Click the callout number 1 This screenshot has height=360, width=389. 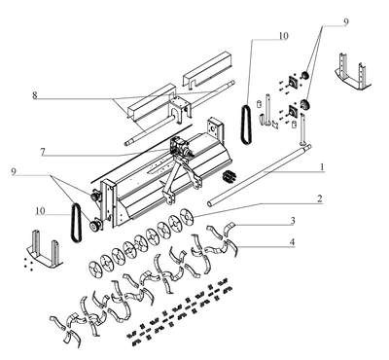click(322, 167)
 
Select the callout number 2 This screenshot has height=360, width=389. click(320, 198)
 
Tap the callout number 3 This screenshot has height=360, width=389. click(293, 221)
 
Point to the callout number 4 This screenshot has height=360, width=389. click(293, 242)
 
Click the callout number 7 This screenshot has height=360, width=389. click(43, 152)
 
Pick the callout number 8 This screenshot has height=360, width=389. click(35, 95)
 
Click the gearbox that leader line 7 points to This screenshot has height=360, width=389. click(179, 147)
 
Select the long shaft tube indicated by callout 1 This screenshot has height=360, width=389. click(260, 174)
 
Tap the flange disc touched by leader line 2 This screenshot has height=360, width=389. click(187, 217)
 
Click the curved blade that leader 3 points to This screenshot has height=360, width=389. click(230, 226)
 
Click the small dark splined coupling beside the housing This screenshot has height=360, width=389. click(229, 177)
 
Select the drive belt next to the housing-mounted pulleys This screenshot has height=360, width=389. click(76, 223)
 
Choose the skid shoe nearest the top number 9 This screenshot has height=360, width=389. click(352, 71)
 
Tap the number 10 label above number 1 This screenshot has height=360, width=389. click(283, 36)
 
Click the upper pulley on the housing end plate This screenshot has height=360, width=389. click(95, 197)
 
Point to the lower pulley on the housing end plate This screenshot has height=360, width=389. click(96, 226)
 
